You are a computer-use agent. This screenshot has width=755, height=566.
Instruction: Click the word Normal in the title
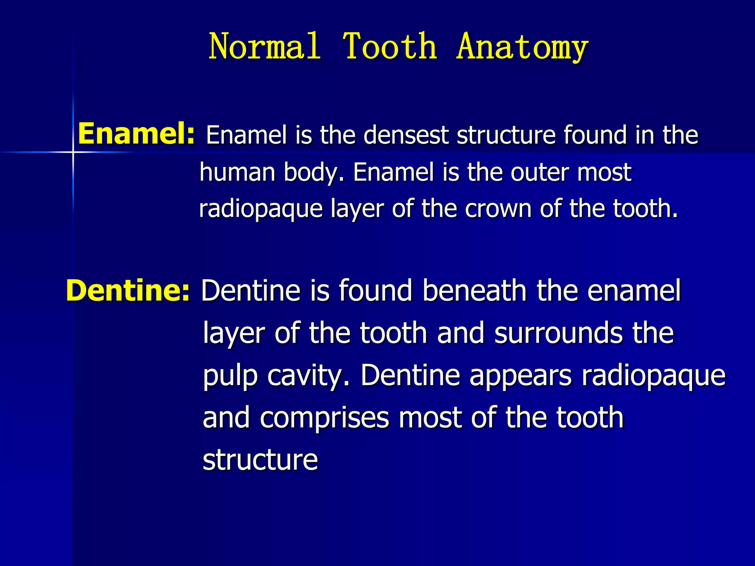click(x=264, y=46)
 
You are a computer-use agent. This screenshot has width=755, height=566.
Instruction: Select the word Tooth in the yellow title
click(x=390, y=46)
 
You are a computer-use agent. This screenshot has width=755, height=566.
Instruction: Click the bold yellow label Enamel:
click(x=136, y=134)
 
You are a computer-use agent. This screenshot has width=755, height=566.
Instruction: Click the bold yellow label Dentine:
click(x=128, y=290)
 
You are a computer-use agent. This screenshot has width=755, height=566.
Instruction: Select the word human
click(x=237, y=172)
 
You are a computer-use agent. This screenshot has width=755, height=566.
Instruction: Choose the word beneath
click(x=474, y=290)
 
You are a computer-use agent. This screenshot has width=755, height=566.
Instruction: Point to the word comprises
click(x=324, y=418)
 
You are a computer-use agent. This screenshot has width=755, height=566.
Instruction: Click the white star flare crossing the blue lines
click(x=73, y=152)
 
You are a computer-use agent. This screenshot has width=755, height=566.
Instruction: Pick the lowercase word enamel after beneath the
click(x=634, y=290)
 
